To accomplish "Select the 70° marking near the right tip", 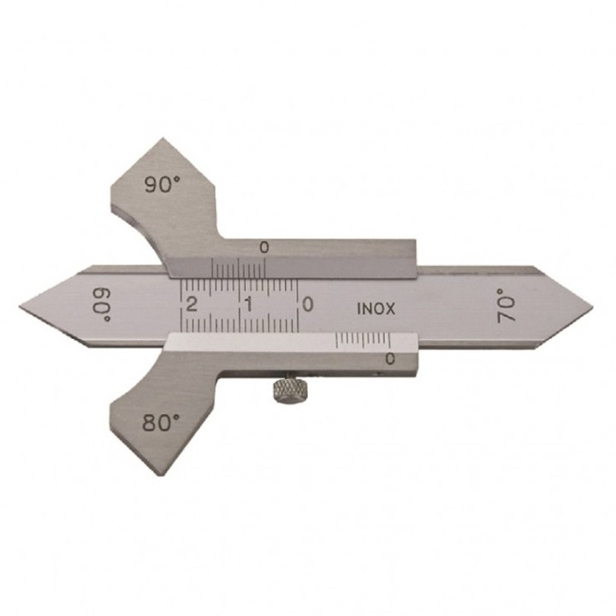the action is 506,305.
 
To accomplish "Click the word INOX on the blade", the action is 376,309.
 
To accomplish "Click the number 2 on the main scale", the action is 192,304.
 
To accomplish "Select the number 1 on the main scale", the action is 248,304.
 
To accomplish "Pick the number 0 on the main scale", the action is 308,304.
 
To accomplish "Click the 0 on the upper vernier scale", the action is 264,248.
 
